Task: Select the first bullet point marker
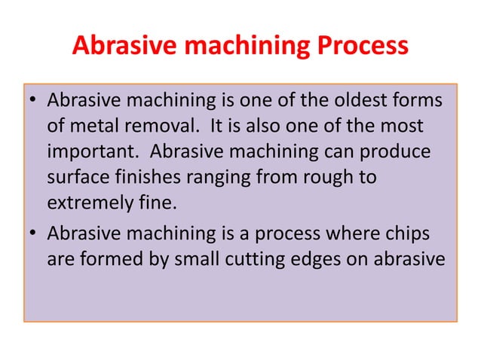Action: (x=32, y=102)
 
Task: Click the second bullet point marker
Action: (x=32, y=233)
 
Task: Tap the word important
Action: (x=91, y=152)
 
